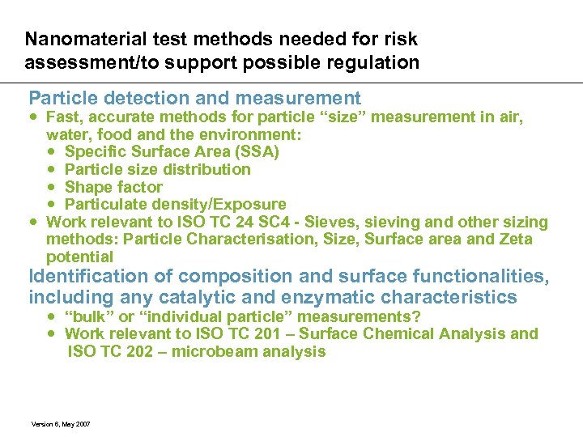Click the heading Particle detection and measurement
click(194, 99)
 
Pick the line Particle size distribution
click(157, 169)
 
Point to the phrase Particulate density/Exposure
click(175, 204)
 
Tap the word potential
click(79, 257)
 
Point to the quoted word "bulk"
click(90, 316)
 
